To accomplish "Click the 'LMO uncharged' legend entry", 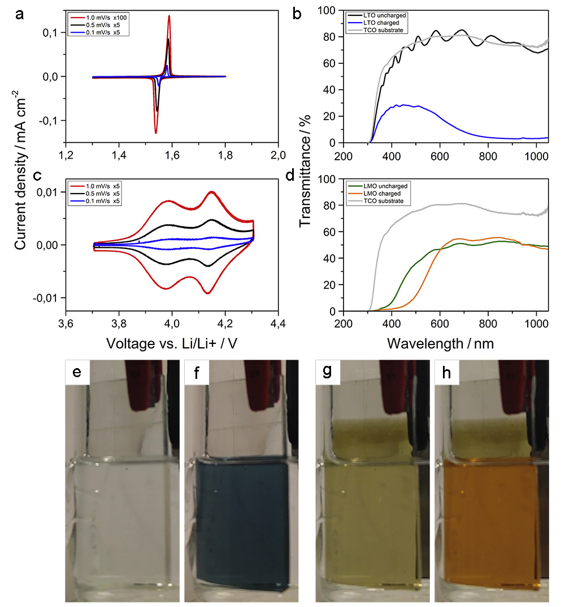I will tap(382, 185).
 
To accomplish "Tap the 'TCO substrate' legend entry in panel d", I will tap(383, 200).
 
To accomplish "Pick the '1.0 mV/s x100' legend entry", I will tap(100, 18).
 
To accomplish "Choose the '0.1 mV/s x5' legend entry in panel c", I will tap(99, 201).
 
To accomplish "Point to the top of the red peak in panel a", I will tap(169, 16).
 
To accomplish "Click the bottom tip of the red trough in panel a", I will tap(156, 133).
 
